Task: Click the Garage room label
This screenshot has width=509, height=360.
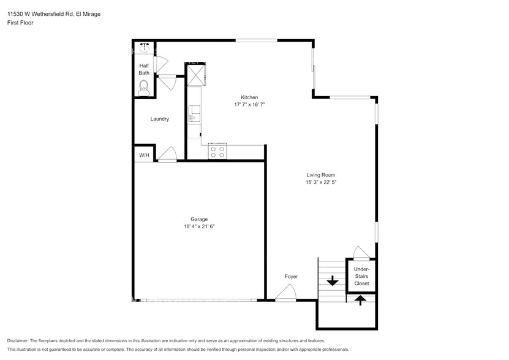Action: coord(199,219)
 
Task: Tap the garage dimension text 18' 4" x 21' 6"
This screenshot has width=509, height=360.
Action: coord(199,227)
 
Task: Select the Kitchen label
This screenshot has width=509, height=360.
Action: coord(249,97)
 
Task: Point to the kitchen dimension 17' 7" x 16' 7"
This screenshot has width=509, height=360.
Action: coord(249,105)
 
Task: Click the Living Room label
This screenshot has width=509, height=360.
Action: coord(321,175)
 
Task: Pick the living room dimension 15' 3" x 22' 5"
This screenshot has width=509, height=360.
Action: coord(321,182)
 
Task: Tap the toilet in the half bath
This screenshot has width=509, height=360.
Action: coord(145,88)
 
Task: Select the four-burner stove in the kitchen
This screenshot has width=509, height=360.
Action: coord(217,151)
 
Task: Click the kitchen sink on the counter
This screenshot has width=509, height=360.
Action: coord(194,114)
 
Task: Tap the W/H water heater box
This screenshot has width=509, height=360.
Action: coord(144,156)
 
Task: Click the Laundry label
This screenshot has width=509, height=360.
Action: coord(160,119)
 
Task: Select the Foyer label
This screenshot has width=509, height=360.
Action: coord(291,277)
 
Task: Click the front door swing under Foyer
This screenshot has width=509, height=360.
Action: coord(284,295)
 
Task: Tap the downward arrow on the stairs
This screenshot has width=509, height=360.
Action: coord(332,281)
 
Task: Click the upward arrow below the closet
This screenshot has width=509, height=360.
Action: coord(360,299)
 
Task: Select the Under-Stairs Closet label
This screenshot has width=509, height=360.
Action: coord(361,277)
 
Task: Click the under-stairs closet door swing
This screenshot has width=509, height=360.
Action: coord(361,253)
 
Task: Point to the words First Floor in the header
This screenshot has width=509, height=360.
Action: coord(20,22)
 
